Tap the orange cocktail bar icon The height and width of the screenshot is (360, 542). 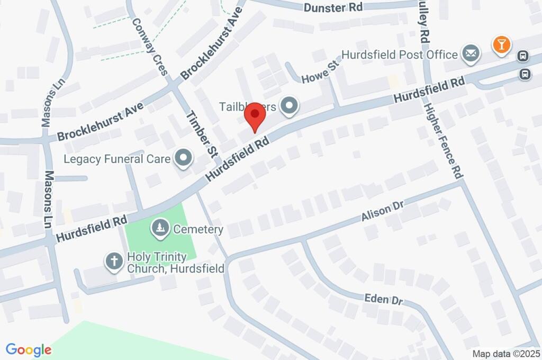(x=501, y=45)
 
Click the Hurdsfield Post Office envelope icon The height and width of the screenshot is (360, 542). (x=469, y=53)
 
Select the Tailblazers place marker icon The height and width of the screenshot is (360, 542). (x=289, y=107)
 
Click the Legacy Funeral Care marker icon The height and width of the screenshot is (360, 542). (x=184, y=158)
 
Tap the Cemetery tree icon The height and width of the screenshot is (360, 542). (x=159, y=229)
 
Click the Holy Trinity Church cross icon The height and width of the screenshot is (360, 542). (x=113, y=261)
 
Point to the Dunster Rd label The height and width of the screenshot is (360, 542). (x=333, y=7)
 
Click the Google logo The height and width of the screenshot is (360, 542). (x=29, y=349)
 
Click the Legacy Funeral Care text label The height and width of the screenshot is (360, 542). (x=117, y=158)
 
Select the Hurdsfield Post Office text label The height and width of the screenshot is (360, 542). (x=400, y=55)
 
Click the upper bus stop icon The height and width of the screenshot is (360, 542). (x=522, y=55)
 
